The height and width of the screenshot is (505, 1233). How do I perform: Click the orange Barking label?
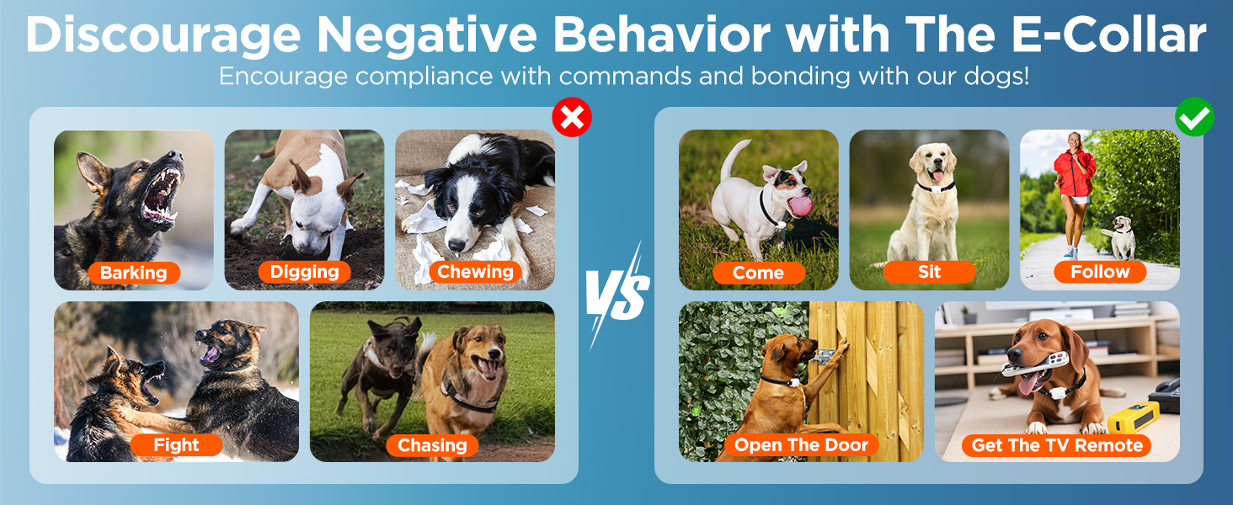coord(134,273)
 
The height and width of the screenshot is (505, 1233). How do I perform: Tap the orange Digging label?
coord(304,272)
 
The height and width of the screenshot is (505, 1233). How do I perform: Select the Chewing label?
coord(475,272)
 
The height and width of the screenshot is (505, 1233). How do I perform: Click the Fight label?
coord(176,444)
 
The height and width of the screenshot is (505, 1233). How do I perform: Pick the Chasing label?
coord(432,445)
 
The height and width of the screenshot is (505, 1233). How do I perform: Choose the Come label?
coord(759,273)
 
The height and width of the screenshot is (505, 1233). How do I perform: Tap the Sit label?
coord(929,272)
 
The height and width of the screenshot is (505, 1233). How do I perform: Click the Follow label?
coord(1100,272)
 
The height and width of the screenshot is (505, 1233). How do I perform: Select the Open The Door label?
coord(802,444)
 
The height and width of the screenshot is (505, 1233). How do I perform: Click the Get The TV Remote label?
coord(1057,445)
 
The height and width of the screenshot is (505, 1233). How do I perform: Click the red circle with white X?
coord(572,117)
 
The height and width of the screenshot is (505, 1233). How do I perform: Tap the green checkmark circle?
coord(1194,117)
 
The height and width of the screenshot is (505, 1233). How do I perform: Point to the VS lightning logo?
coord(616,295)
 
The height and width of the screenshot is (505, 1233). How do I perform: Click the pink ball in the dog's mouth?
coord(800,205)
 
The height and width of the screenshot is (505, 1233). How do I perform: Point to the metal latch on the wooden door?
coord(824,357)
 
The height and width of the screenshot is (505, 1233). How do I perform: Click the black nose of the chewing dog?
coord(456,245)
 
